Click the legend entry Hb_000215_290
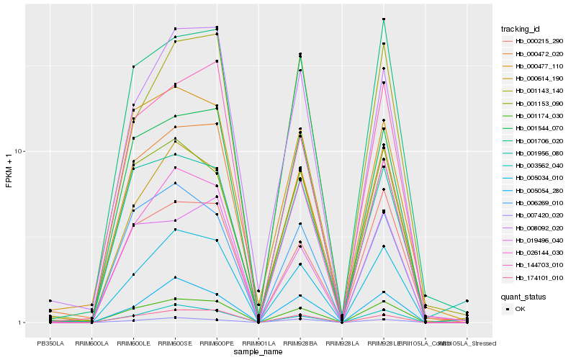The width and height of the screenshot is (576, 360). pos(534,41)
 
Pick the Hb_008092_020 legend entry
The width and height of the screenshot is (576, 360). pos(534,228)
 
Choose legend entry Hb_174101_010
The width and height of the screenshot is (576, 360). pos(534,277)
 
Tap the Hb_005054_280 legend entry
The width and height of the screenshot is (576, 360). pos(534,190)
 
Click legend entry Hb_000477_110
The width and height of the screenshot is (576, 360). pos(534,66)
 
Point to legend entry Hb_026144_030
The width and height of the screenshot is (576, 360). pos(534,253)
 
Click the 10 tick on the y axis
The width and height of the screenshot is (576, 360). pos(21,152)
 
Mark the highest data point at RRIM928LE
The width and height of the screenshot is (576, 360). pos(384,19)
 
